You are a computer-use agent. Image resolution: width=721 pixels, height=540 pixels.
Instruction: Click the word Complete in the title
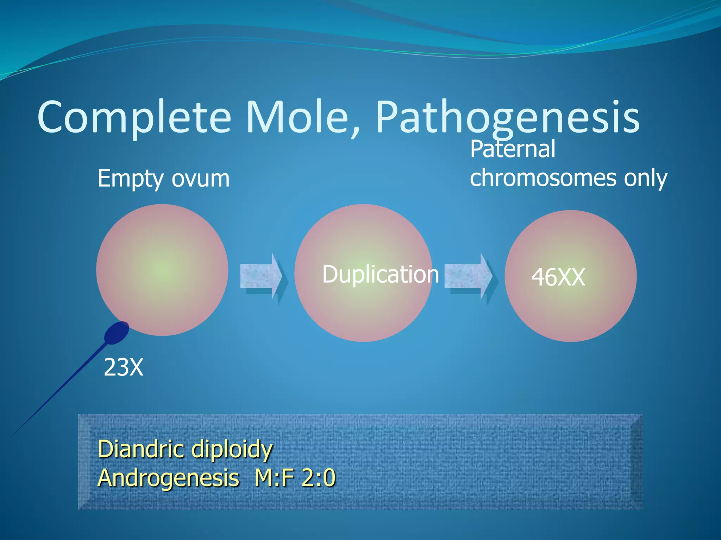click(134, 118)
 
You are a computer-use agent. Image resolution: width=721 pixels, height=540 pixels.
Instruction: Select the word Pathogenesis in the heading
click(507, 118)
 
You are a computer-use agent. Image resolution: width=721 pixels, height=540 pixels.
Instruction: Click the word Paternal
click(512, 149)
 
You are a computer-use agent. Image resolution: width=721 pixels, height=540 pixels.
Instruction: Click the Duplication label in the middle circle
click(380, 274)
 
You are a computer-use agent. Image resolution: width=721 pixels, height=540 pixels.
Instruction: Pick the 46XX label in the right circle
click(558, 277)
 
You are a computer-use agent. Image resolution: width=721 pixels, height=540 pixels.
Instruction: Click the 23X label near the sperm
click(123, 368)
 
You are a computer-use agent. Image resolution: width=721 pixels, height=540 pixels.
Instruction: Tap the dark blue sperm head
click(117, 333)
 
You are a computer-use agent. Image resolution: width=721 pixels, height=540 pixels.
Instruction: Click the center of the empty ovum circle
click(162, 270)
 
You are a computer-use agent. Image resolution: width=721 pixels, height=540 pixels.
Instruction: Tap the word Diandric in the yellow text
click(141, 449)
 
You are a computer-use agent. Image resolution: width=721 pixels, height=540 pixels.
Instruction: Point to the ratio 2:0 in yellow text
click(319, 478)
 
